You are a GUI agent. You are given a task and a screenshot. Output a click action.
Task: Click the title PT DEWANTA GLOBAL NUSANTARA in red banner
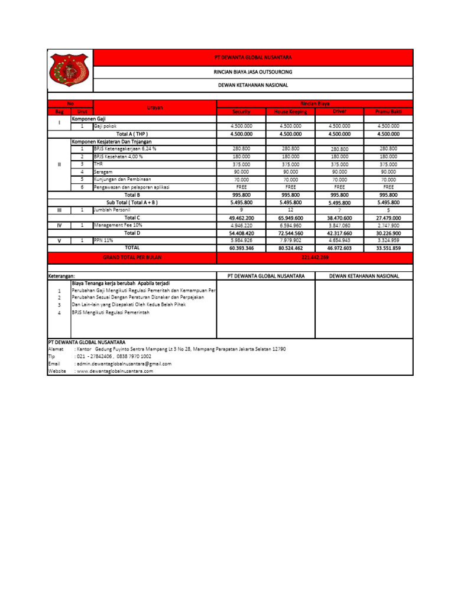(x=252, y=57)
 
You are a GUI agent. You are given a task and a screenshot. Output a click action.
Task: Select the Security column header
(x=241, y=111)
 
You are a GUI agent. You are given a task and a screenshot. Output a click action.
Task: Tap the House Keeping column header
(x=290, y=111)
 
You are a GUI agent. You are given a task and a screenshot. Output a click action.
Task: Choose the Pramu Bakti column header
(x=388, y=111)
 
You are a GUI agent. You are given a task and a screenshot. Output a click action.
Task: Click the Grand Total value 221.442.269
(x=314, y=258)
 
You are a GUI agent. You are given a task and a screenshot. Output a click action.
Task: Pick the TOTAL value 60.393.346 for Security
(x=241, y=248)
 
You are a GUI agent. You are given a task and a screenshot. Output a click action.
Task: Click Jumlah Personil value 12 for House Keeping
(x=290, y=210)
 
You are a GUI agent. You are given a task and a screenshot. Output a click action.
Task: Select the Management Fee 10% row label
(x=118, y=225)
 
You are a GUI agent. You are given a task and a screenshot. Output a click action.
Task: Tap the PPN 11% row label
(x=102, y=240)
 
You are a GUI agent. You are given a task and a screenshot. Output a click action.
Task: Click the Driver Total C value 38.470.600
(x=339, y=218)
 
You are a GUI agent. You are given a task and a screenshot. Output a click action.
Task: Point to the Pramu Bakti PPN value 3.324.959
(x=388, y=240)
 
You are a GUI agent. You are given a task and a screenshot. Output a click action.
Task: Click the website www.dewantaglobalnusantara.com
(x=115, y=371)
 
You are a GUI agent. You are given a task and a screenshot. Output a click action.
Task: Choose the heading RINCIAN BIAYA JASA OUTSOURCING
(x=252, y=71)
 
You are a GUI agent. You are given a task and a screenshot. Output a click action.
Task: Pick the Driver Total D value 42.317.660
(x=339, y=233)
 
